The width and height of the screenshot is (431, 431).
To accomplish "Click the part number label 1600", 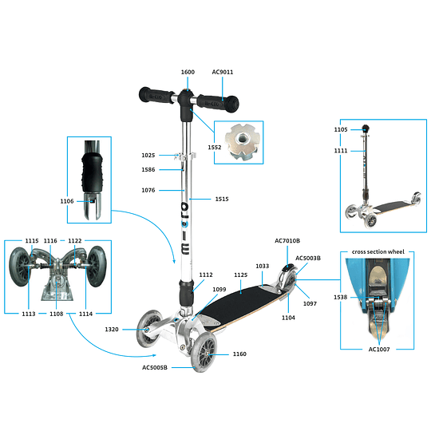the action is [x=188, y=72].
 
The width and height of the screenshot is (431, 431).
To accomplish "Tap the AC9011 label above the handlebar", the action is [x=223, y=72].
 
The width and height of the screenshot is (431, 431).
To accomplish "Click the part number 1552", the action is [x=215, y=148].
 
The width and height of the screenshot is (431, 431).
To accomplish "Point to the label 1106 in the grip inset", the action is [x=67, y=201].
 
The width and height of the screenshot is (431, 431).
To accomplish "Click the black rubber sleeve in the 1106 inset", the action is [x=92, y=173].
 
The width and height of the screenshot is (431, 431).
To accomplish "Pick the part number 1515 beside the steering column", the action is [x=222, y=199].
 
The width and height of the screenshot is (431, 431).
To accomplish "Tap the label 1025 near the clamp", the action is [x=148, y=156].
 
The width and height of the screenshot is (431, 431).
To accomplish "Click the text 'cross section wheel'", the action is [x=378, y=251].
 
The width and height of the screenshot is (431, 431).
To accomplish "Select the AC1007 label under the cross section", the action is [x=379, y=350].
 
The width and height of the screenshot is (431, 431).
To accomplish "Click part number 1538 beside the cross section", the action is [x=341, y=297].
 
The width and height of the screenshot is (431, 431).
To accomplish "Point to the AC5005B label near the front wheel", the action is [x=155, y=367].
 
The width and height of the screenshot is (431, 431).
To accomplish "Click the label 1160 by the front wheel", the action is [x=239, y=354].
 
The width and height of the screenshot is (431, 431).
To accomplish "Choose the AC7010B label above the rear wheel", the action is [x=287, y=241].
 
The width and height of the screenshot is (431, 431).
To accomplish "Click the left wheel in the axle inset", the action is [x=19, y=267].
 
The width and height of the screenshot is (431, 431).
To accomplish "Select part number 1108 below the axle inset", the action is [x=57, y=314].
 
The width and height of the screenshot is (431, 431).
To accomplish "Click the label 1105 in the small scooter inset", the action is [x=341, y=129].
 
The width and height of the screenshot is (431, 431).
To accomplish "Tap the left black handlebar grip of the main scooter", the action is [x=156, y=96].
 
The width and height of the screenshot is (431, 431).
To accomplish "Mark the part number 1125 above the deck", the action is [x=241, y=275].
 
